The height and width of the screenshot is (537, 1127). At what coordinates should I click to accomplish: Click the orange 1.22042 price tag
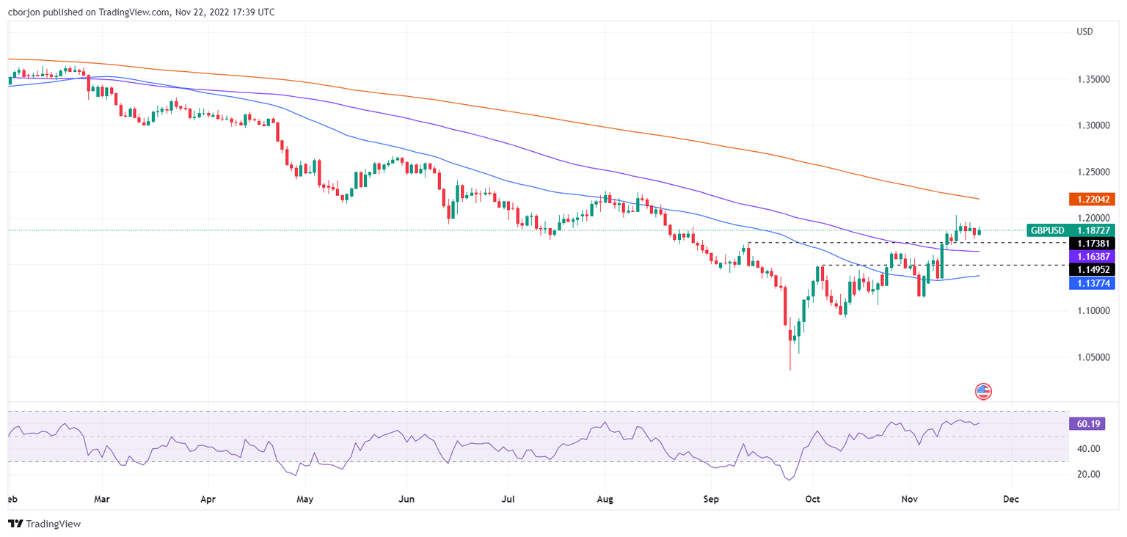(x=1092, y=199)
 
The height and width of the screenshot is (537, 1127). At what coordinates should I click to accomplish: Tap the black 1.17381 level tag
(x=1092, y=243)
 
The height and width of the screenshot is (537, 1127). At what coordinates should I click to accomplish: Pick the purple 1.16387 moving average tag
(x=1092, y=257)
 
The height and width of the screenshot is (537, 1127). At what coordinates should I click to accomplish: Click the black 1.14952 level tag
(x=1092, y=269)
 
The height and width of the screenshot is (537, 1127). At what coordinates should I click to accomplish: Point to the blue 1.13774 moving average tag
(x=1092, y=282)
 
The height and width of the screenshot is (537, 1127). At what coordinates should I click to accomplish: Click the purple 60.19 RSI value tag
(x=1087, y=423)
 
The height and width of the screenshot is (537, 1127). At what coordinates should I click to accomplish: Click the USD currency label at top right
(x=1084, y=32)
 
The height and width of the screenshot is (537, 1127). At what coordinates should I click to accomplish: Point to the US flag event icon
(x=983, y=391)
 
